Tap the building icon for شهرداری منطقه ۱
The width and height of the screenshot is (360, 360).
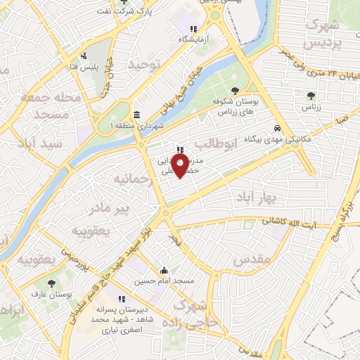click(x=136, y=115)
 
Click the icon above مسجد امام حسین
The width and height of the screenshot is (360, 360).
click(x=165, y=271)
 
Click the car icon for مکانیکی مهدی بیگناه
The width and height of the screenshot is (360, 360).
click(x=278, y=129)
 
